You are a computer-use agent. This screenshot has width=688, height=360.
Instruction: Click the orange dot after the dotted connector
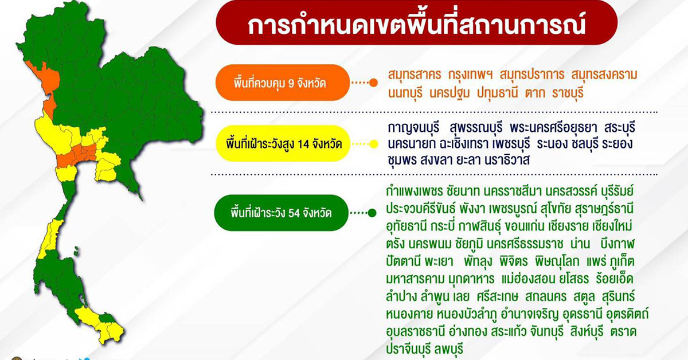tap(373, 83)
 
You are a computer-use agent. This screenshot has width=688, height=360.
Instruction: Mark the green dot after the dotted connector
tap(372, 213)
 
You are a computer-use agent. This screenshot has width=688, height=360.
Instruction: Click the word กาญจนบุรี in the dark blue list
tap(414, 126)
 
